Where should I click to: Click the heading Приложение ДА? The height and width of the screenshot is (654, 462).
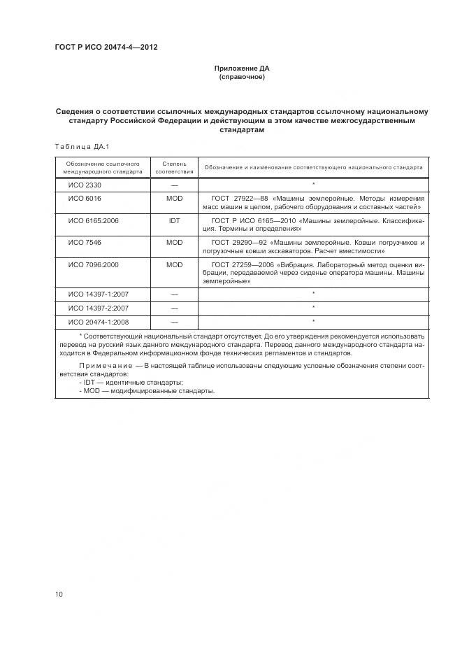pos(241,69)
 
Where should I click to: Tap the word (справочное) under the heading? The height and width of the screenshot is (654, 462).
pos(241,77)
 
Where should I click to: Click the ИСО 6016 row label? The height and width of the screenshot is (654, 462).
pos(84,199)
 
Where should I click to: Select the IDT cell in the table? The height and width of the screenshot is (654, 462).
pos(174,220)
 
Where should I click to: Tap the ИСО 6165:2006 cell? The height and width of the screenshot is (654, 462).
pos(92,220)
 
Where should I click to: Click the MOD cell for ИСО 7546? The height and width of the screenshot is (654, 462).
pos(174,242)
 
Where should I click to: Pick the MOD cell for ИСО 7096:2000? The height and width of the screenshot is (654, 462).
pos(174,265)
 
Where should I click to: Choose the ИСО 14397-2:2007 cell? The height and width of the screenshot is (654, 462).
pos(97,308)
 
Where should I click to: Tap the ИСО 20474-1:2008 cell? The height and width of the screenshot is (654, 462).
pos(97,322)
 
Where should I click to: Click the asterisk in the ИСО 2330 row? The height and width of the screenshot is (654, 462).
pos(314,185)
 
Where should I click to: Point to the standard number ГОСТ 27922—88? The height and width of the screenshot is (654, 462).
pos(240,199)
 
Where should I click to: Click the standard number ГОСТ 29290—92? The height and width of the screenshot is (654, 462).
pos(240,242)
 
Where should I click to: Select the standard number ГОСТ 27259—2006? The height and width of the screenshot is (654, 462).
pos(244,265)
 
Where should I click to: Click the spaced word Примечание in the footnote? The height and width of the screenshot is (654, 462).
pos(104,367)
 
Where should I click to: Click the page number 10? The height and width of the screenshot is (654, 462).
pos(59,594)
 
